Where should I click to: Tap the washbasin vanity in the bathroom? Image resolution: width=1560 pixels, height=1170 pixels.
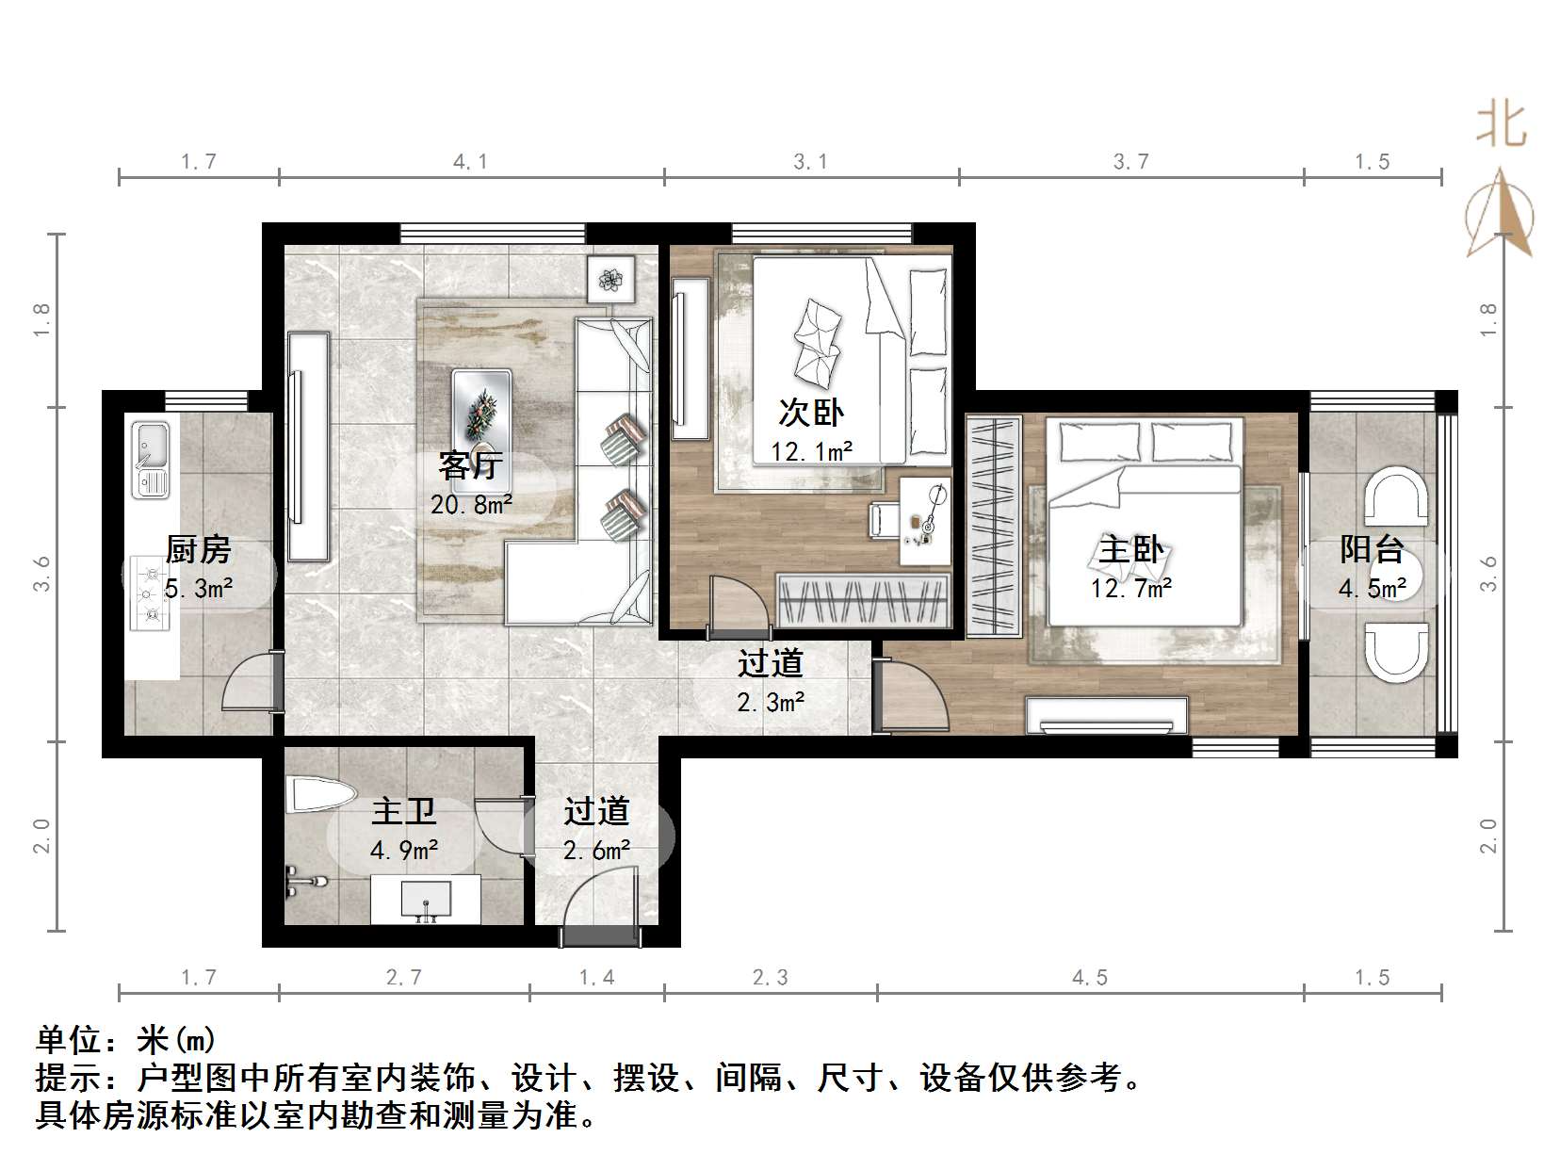click(x=426, y=899)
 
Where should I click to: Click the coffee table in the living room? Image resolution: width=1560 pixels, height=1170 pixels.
click(x=481, y=411)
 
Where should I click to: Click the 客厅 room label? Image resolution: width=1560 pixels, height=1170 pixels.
click(x=471, y=465)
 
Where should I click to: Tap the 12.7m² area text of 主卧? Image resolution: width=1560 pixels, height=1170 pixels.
click(x=1130, y=589)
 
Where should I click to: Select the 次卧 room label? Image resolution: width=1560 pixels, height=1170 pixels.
click(x=810, y=413)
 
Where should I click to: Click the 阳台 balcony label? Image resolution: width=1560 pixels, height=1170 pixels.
click(x=1372, y=549)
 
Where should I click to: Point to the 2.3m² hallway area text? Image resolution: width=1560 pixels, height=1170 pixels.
click(x=771, y=702)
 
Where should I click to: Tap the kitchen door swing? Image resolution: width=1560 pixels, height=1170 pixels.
click(x=250, y=686)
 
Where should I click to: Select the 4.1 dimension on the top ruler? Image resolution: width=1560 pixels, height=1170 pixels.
click(x=470, y=162)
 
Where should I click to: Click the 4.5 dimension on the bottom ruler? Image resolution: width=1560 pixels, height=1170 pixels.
click(x=1089, y=978)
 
